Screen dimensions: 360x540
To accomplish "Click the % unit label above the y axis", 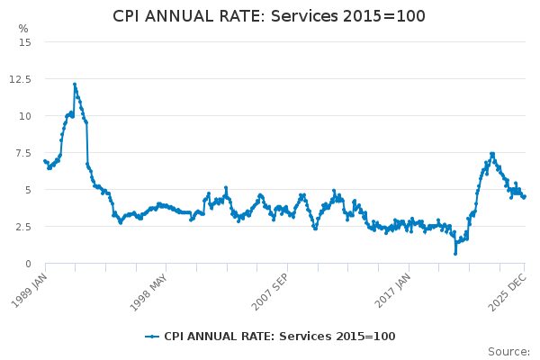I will pos(23,29).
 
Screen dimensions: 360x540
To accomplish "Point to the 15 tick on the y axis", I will pos(25,42).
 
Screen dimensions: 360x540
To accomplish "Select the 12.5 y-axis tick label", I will pos(21,79).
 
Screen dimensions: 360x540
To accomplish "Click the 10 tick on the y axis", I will pos(25,116).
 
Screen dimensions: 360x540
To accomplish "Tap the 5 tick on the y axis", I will pos(28,190).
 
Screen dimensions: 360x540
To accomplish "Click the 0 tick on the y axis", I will pos(28,264).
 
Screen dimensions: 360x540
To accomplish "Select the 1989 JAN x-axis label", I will pos(29,289).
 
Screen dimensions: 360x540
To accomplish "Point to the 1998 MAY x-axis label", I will pos(148,289).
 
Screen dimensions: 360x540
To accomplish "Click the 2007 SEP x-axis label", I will pos(271,289).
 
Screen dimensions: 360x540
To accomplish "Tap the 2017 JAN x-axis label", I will pos(392,289).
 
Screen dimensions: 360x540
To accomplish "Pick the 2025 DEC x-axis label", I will pos(509,289).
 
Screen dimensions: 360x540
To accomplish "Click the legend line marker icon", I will pos(152,337).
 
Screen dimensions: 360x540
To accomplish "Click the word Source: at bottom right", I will pos(508,352).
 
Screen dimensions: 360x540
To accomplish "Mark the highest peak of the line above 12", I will pos(75,85).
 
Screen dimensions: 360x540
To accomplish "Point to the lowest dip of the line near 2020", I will pos(455,253).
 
